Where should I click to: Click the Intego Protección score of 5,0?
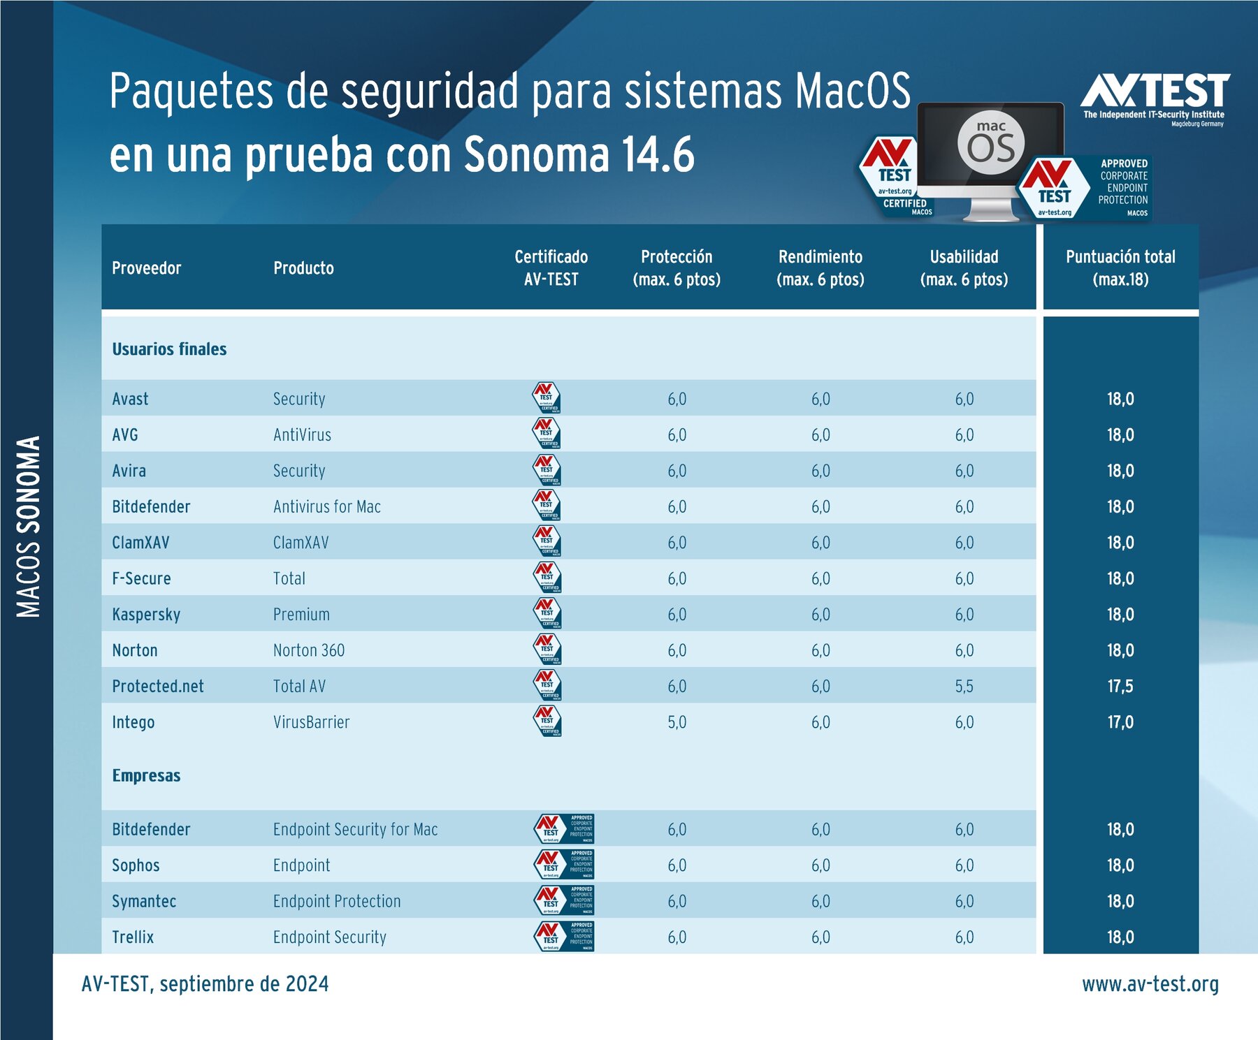677,722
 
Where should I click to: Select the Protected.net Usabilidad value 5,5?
964,687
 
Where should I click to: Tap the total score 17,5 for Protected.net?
1120,687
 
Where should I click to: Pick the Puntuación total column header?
1120,268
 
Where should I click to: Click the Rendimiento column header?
820,268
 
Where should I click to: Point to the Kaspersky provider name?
146,615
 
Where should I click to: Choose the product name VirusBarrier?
311,722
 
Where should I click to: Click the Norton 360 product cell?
309,650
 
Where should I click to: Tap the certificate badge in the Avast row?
547,398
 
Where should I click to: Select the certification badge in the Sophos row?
564,865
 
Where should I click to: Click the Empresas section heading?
146,776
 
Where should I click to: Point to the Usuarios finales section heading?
169,349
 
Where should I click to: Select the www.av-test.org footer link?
1150,984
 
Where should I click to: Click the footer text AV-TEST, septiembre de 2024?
205,984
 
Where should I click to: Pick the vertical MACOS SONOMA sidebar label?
29,527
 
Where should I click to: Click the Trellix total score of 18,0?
1120,937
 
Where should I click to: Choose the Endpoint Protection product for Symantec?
337,901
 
